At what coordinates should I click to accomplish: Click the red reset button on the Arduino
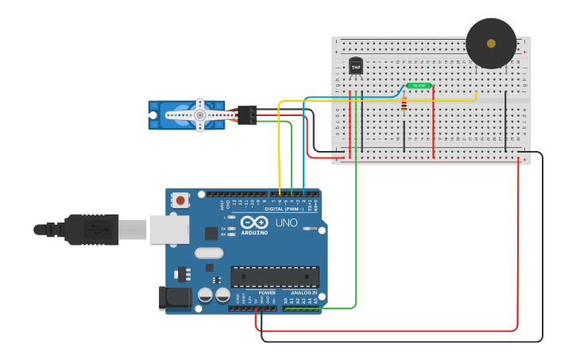(181, 201)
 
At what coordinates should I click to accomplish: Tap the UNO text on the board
(286, 223)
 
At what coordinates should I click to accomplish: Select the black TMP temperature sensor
(356, 68)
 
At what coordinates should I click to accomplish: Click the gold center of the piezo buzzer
(491, 43)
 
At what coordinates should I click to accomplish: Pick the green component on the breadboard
(419, 85)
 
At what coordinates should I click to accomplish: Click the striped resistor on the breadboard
(404, 103)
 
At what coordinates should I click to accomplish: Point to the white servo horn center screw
(200, 115)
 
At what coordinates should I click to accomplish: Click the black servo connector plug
(247, 115)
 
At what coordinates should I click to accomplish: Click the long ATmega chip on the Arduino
(275, 277)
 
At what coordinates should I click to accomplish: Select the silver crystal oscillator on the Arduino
(209, 254)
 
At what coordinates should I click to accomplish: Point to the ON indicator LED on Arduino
(305, 229)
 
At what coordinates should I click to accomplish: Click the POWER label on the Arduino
(266, 292)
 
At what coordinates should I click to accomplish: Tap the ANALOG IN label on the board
(303, 292)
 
